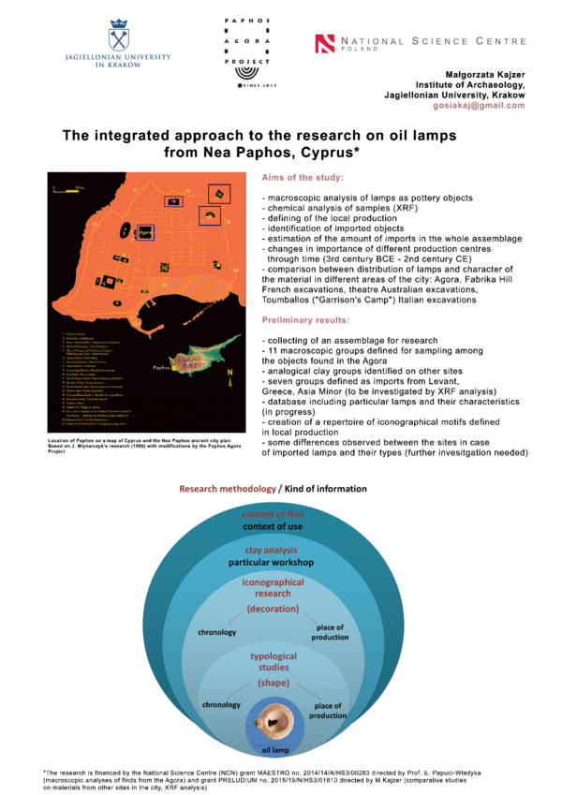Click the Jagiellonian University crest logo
click(120, 34)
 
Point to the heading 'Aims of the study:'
click(303, 177)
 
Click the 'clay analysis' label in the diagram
click(272, 552)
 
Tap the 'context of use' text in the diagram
click(273, 527)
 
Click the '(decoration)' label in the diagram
click(273, 609)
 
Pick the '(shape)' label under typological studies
click(273, 684)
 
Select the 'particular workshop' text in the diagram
click(272, 564)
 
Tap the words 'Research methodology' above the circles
click(227, 489)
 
